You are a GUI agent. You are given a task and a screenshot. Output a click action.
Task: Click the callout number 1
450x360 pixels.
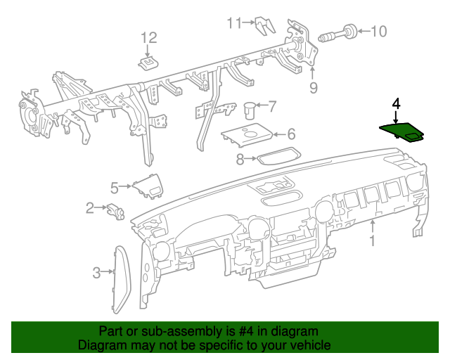(x=373, y=241)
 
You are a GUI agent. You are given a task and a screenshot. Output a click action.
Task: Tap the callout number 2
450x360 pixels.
(x=90, y=207)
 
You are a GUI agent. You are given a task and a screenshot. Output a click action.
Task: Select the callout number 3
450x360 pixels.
(x=96, y=271)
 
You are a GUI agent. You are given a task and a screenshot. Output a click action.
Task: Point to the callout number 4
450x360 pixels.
(x=396, y=104)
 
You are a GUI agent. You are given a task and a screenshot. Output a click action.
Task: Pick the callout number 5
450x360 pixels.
(x=114, y=187)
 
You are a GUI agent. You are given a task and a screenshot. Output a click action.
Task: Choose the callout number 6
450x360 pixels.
(x=290, y=134)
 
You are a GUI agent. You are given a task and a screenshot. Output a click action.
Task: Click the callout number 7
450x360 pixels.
(x=272, y=107)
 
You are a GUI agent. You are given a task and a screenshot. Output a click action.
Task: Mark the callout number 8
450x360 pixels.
(x=240, y=160)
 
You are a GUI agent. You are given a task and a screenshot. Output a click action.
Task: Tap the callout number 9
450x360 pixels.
(x=314, y=87)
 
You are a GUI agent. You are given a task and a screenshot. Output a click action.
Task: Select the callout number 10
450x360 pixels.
(x=378, y=31)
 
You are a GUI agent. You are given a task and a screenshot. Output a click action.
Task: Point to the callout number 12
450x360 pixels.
(x=148, y=37)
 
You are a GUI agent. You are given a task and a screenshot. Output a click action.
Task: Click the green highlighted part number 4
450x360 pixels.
(x=402, y=131)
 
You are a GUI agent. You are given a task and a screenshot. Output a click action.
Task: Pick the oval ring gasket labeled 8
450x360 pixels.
(x=277, y=156)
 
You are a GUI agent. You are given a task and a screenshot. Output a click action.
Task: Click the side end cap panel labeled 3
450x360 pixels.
(x=120, y=277)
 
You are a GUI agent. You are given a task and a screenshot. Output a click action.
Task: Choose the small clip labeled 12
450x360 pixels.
(x=148, y=63)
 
